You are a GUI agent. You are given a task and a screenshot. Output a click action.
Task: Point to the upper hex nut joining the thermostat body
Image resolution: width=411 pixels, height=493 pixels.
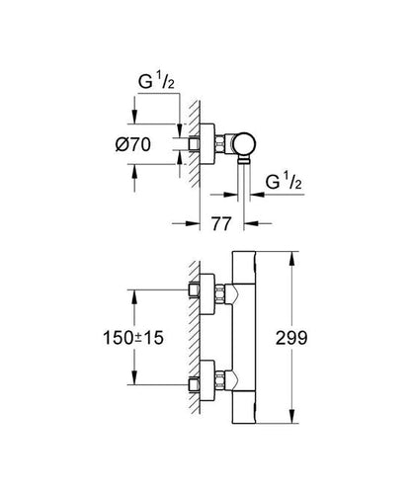point(228,292)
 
